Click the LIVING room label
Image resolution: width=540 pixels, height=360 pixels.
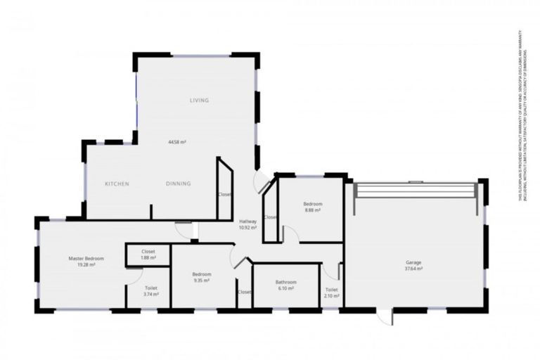point(199,101)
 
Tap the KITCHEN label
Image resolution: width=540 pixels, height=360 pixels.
point(117,184)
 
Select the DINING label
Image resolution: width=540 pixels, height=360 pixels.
point(178,184)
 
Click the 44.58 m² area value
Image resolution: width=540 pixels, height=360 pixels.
point(176,142)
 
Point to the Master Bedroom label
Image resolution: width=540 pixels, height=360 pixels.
point(82,259)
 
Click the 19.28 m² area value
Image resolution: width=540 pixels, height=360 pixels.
point(82,265)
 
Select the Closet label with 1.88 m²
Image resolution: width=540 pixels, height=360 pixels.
point(148,251)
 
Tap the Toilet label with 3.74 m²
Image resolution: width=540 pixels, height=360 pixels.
point(150,288)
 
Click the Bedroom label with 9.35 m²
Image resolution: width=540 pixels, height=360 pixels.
point(202,274)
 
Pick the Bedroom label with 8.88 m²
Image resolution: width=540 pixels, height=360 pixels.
point(313,203)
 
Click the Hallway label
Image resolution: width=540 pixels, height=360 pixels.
point(247,221)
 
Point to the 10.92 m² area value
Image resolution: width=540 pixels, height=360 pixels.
point(247,228)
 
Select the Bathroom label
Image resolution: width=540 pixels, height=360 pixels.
point(286,282)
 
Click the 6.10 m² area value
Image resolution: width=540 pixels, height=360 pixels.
point(286,288)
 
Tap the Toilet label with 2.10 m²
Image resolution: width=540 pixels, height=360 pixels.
point(331,290)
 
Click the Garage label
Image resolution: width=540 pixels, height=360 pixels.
point(413,262)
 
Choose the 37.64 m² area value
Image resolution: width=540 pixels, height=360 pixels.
point(413,269)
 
